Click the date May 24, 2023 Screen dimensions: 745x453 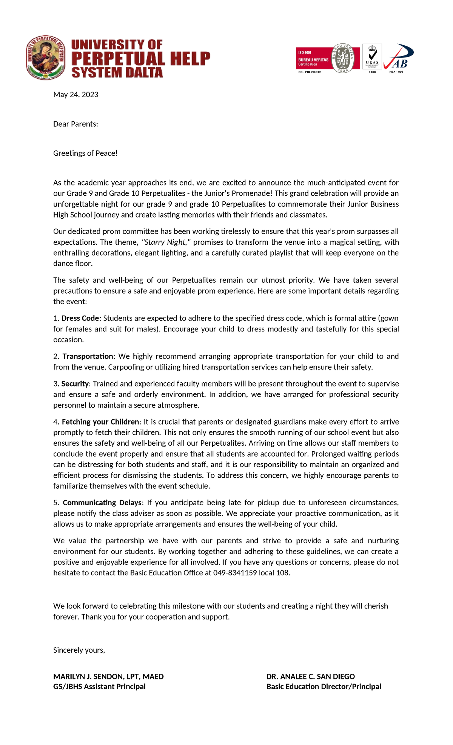[75, 95]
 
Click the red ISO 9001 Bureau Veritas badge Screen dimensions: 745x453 [313, 58]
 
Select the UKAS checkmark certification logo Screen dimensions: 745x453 [372, 57]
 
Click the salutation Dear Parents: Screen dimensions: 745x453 [75, 124]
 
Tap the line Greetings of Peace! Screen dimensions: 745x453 [85, 153]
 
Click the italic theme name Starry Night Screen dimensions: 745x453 [164, 242]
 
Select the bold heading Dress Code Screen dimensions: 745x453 [80, 318]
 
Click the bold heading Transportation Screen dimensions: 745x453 [88, 356]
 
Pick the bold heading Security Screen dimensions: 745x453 [75, 384]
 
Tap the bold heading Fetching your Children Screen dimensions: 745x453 [100, 422]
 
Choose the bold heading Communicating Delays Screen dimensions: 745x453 [102, 503]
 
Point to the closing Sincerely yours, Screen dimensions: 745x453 [79, 650]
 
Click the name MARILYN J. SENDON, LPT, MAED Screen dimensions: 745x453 [108, 676]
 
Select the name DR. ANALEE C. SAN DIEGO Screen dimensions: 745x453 [310, 676]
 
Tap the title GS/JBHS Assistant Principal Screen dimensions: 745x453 [99, 686]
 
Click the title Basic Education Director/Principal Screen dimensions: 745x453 [324, 686]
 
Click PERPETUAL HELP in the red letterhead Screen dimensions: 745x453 [140, 58]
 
